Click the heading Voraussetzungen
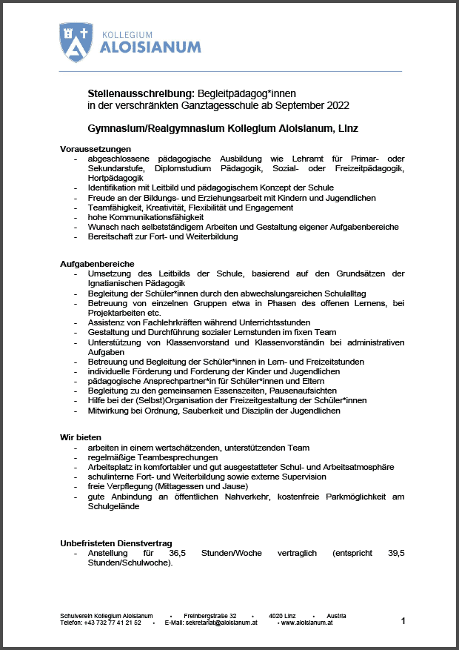[96, 149]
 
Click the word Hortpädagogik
[115, 179]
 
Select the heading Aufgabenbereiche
[97, 264]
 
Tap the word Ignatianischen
[119, 283]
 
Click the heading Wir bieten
[81, 437]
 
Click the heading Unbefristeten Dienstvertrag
[118, 543]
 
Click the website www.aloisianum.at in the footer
[307, 623]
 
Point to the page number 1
[403, 621]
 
